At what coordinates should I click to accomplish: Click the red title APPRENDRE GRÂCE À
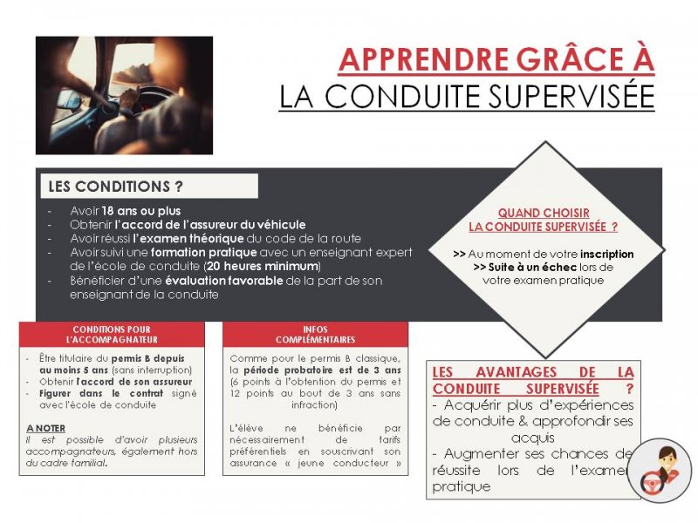496,59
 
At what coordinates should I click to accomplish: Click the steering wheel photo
124,95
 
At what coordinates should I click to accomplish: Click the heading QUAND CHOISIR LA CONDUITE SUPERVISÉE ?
544,220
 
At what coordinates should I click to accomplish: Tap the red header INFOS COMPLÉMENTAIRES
315,334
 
